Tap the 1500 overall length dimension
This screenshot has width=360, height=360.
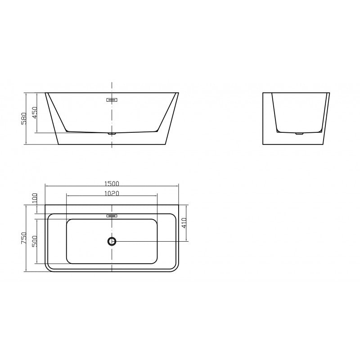tap(112, 183)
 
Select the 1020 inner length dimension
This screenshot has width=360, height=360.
tap(112, 194)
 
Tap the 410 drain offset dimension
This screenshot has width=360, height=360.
tap(184, 223)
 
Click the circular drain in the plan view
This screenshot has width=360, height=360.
tap(112, 241)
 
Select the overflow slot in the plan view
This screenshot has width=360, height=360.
tap(112, 216)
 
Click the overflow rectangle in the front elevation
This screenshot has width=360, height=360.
tap(112, 100)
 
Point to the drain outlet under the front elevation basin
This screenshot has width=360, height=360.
tap(112, 134)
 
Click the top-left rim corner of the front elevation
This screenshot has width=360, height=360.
tap(45, 93)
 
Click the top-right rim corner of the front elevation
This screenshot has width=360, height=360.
tap(179, 93)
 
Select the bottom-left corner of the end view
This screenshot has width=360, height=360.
tap(263, 144)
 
